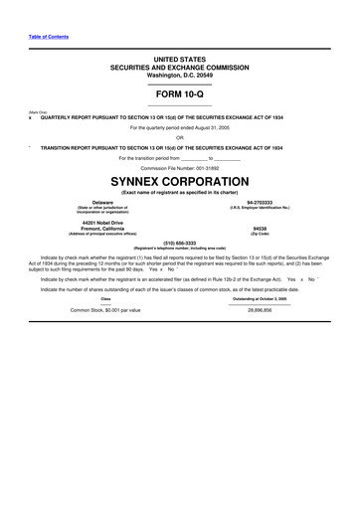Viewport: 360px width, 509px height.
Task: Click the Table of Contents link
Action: pos(49,37)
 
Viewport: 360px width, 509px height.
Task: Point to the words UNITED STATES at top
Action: pos(179,60)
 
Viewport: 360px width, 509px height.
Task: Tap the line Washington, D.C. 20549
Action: pos(179,75)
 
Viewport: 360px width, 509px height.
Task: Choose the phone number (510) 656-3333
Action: pos(179,242)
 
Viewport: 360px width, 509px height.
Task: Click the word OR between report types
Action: pos(179,137)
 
